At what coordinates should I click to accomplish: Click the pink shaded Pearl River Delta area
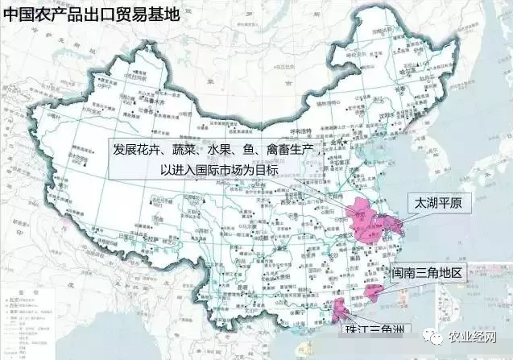tap(340, 312)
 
